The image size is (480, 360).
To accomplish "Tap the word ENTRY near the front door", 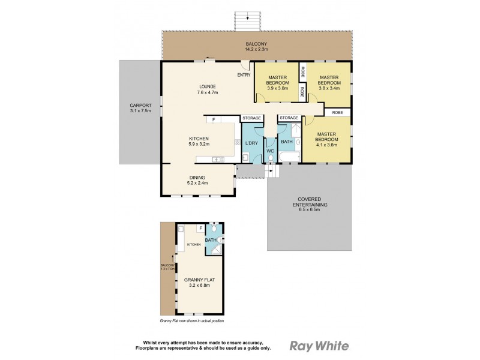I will [x=244, y=75].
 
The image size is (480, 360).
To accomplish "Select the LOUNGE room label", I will [x=206, y=86].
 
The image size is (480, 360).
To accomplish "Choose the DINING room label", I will [x=197, y=178].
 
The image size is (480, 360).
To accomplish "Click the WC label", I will [x=270, y=151].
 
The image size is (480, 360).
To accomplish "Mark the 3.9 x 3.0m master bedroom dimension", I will [x=277, y=88].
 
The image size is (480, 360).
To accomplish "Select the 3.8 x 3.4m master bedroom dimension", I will [x=329, y=88].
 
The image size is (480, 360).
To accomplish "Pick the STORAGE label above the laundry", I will [x=251, y=118].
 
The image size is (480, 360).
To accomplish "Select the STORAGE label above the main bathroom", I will [x=289, y=118].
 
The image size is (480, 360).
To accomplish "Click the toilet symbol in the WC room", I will [x=270, y=158].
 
